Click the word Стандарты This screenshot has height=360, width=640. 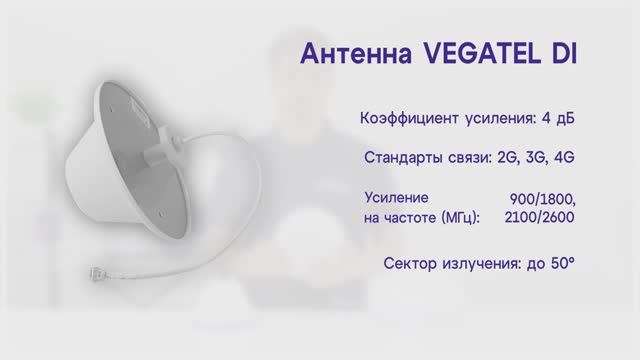(406, 158)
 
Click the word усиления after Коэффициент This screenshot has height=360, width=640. (498, 119)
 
